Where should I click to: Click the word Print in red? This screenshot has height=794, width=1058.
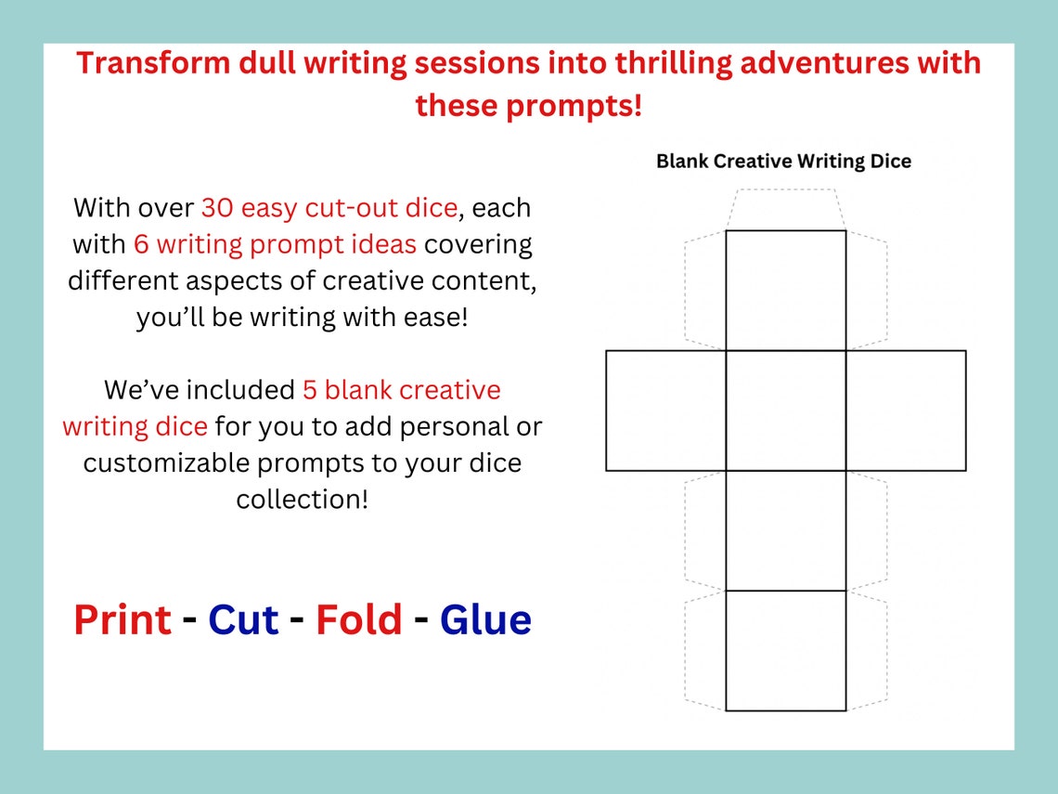click(x=123, y=620)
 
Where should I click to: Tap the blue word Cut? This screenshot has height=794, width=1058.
click(x=243, y=620)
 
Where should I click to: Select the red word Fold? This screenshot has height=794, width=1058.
click(x=359, y=620)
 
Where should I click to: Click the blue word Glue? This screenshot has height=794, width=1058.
click(x=485, y=620)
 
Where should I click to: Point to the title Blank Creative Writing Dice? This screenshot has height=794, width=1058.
click(x=783, y=162)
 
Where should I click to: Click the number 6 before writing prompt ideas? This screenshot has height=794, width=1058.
click(x=141, y=244)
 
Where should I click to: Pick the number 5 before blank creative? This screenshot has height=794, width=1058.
click(x=311, y=389)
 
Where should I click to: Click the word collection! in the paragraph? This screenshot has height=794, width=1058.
click(x=302, y=499)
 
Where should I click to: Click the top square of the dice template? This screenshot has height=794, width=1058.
click(x=785, y=290)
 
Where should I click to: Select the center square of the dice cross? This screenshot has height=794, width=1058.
click(x=785, y=410)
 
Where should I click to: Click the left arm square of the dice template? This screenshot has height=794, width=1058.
click(x=665, y=410)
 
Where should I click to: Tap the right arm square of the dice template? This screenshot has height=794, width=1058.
click(x=906, y=410)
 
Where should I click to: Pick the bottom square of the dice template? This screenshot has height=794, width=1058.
click(x=785, y=650)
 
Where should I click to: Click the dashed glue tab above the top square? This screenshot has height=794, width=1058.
click(x=785, y=210)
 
